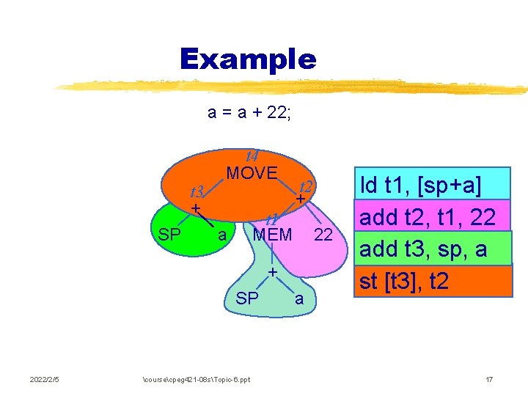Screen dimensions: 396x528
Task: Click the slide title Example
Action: (248, 59)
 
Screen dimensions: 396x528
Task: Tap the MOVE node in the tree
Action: (252, 174)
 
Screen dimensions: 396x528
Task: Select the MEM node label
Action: (272, 235)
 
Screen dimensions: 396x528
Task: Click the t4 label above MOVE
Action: (252, 155)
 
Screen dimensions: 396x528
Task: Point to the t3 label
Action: (197, 192)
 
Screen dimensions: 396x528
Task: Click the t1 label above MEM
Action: (271, 219)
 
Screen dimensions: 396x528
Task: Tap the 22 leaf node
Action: (323, 235)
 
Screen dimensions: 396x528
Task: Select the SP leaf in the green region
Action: (170, 235)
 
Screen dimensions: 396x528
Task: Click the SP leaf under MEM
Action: (247, 299)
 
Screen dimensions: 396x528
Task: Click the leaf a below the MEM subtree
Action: (298, 299)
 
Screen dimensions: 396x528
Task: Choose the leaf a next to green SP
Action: (221, 235)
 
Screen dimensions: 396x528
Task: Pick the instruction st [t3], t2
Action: (403, 281)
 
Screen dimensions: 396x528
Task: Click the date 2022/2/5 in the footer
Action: (45, 379)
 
